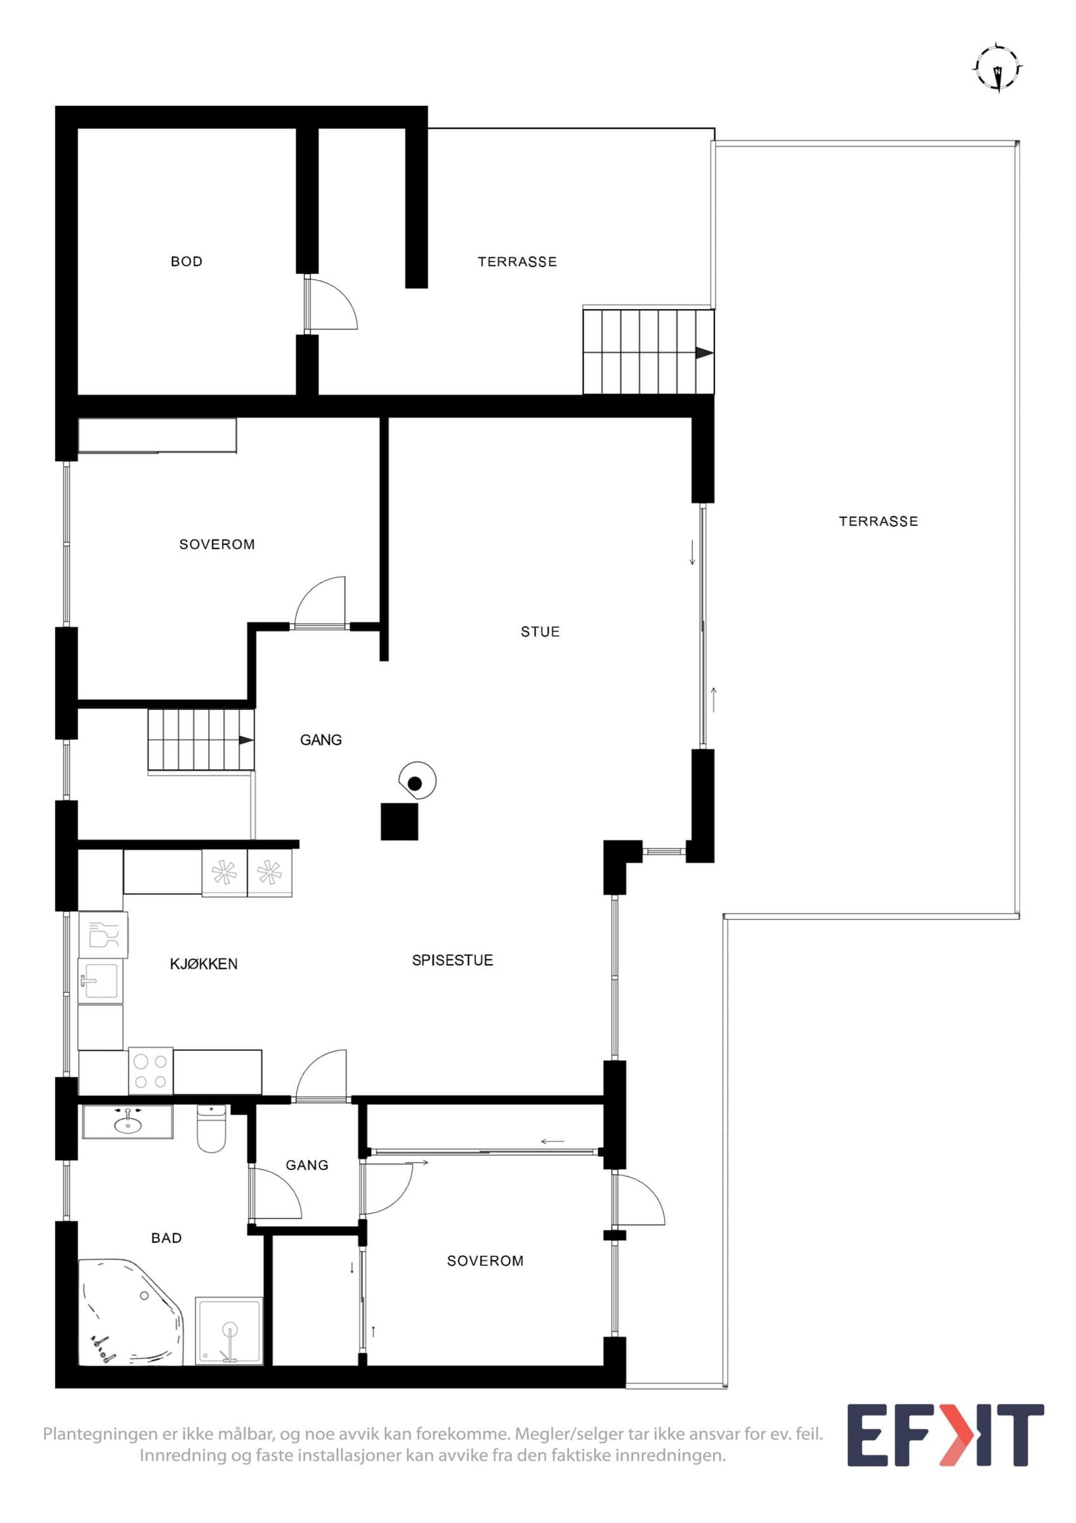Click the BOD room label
click(x=187, y=261)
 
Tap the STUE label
click(x=540, y=631)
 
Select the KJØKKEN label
click(x=204, y=964)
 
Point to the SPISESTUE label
click(x=452, y=960)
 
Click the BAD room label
click(x=166, y=1238)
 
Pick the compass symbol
click(x=997, y=68)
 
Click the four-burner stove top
click(x=150, y=1071)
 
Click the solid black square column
click(x=399, y=821)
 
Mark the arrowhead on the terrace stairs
click(x=704, y=353)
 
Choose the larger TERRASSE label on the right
click(x=879, y=522)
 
